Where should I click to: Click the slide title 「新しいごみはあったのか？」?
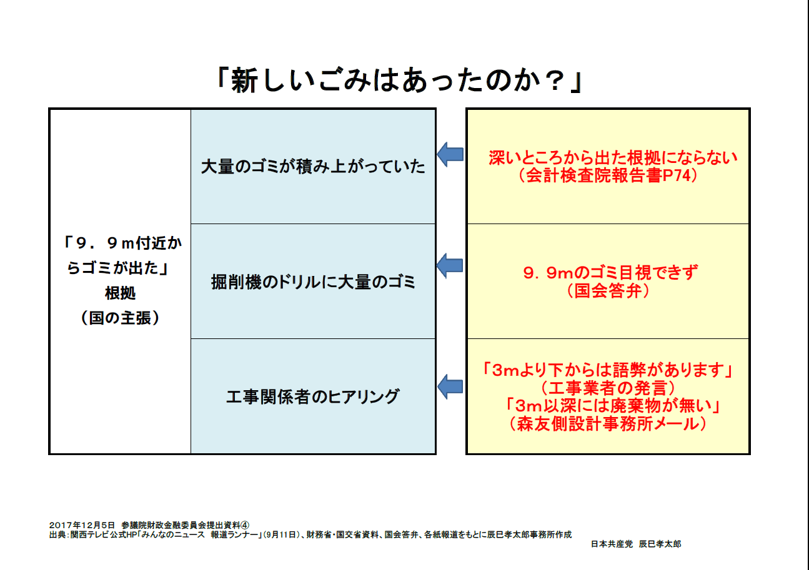click(399, 80)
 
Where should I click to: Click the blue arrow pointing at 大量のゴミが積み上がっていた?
click(450, 154)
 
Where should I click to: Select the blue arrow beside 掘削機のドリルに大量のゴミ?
click(450, 266)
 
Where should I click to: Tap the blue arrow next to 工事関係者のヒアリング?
click(450, 386)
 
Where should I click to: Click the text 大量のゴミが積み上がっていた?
click(313, 167)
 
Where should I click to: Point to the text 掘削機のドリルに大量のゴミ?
click(313, 282)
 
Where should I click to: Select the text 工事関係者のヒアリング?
click(313, 396)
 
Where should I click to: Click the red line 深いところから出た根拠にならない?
click(613, 158)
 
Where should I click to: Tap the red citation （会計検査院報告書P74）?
click(608, 175)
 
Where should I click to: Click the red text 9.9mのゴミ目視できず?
click(610, 273)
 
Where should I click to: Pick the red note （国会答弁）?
click(608, 290)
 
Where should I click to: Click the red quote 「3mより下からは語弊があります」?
click(608, 370)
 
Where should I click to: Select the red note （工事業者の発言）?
click(608, 388)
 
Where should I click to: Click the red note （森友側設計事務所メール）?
click(608, 424)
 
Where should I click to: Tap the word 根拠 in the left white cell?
click(121, 293)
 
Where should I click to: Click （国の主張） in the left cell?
click(121, 318)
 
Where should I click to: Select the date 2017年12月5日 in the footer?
click(82, 525)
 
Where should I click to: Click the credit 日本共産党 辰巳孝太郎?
click(636, 544)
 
